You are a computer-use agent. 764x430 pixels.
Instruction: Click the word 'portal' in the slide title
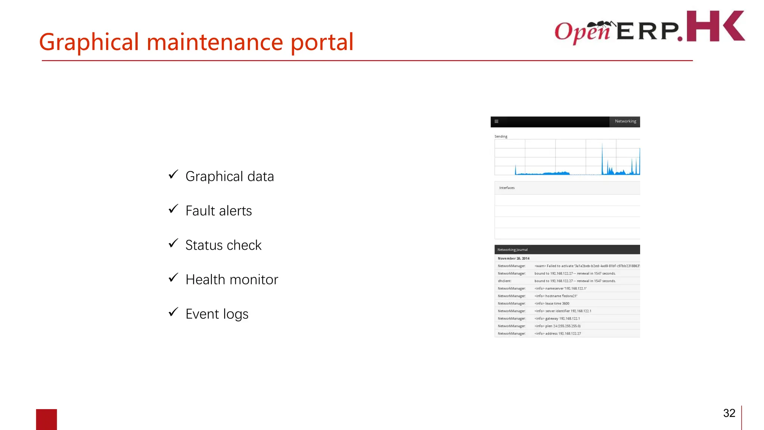pyautogui.click(x=322, y=42)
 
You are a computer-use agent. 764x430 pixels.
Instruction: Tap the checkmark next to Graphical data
pyautogui.click(x=173, y=174)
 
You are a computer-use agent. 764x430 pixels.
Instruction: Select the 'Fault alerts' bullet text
pyautogui.click(x=219, y=211)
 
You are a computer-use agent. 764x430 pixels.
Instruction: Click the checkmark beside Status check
pyautogui.click(x=173, y=243)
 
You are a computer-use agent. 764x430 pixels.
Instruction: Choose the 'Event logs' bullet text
pyautogui.click(x=217, y=314)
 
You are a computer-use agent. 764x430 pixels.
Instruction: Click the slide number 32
pyautogui.click(x=729, y=413)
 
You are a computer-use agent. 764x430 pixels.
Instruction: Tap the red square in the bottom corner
pyautogui.click(x=46, y=419)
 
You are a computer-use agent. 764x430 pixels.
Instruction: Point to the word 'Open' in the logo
pyautogui.click(x=582, y=31)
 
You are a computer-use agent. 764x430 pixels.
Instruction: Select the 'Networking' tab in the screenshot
pyautogui.click(x=625, y=121)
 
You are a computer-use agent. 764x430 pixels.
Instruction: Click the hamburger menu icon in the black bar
pyautogui.click(x=497, y=121)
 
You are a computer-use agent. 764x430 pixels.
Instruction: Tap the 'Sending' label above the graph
pyautogui.click(x=501, y=137)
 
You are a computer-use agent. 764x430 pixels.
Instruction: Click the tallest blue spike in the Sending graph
pyautogui.click(x=602, y=157)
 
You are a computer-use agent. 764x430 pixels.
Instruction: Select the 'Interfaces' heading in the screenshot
pyautogui.click(x=507, y=188)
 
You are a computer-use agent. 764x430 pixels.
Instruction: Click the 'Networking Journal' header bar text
pyautogui.click(x=512, y=250)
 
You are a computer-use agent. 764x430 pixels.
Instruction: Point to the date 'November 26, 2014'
pyautogui.click(x=513, y=258)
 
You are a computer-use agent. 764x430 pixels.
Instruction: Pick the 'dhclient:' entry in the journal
pyautogui.click(x=504, y=281)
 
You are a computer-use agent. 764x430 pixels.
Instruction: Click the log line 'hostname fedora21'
pyautogui.click(x=556, y=296)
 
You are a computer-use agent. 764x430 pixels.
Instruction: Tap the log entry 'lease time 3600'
pyautogui.click(x=552, y=303)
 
